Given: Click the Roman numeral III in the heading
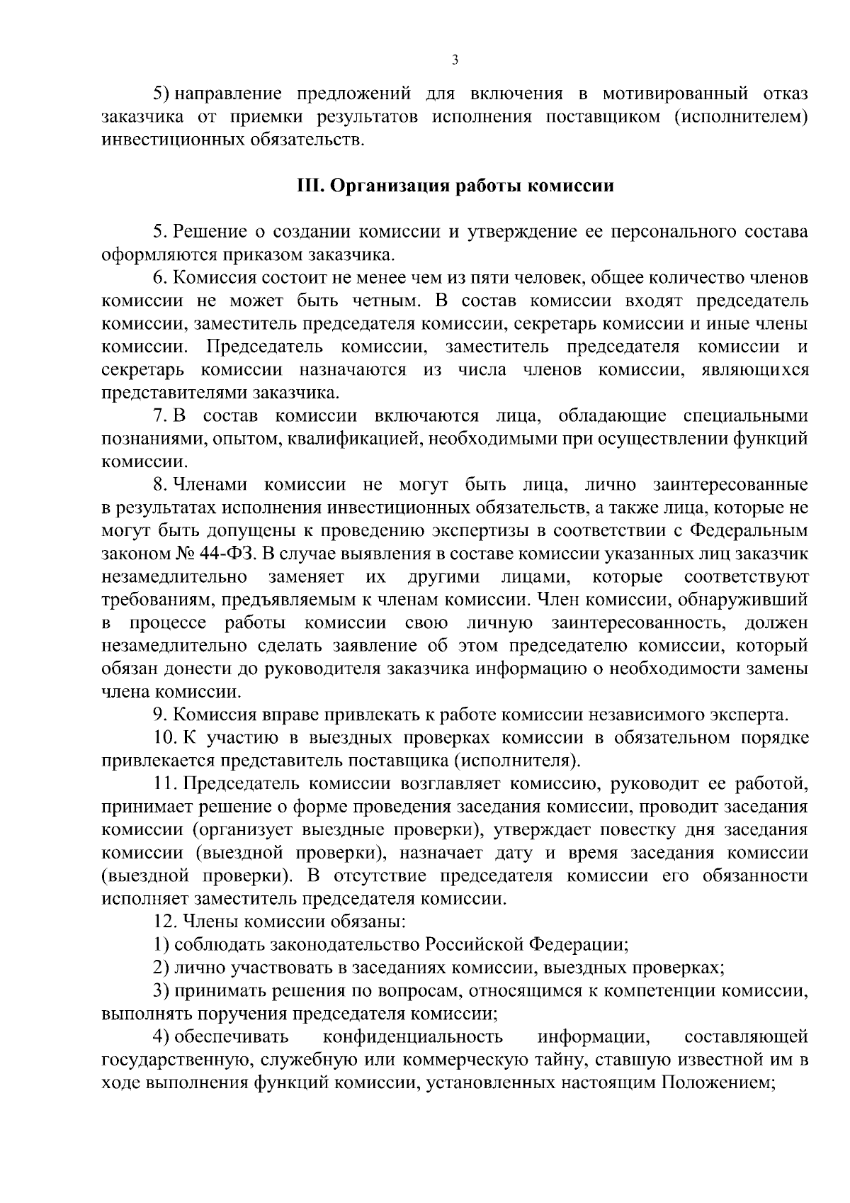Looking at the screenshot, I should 308,186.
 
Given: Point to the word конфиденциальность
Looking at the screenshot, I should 413,1037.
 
